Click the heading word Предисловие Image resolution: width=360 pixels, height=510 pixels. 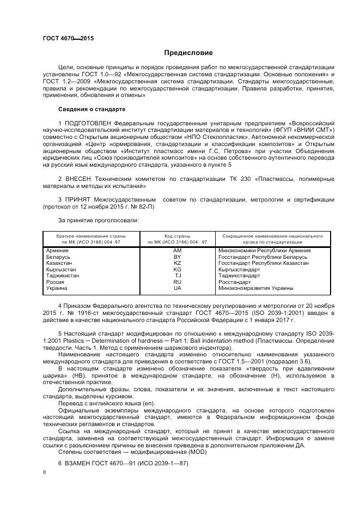188,53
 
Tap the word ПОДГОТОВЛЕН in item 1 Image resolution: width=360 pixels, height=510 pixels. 89,124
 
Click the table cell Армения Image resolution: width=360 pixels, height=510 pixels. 57,250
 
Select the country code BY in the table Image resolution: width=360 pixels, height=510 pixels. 177,257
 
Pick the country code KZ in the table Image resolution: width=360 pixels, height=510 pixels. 177,263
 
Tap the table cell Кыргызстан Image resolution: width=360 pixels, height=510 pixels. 61,269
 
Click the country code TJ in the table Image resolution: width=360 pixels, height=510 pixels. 177,276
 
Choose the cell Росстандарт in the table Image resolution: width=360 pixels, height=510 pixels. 234,282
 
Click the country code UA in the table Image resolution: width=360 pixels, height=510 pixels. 177,288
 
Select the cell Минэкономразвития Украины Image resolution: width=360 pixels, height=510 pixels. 255,288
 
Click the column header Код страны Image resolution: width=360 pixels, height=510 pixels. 176,235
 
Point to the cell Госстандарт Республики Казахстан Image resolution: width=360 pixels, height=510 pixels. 263,263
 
